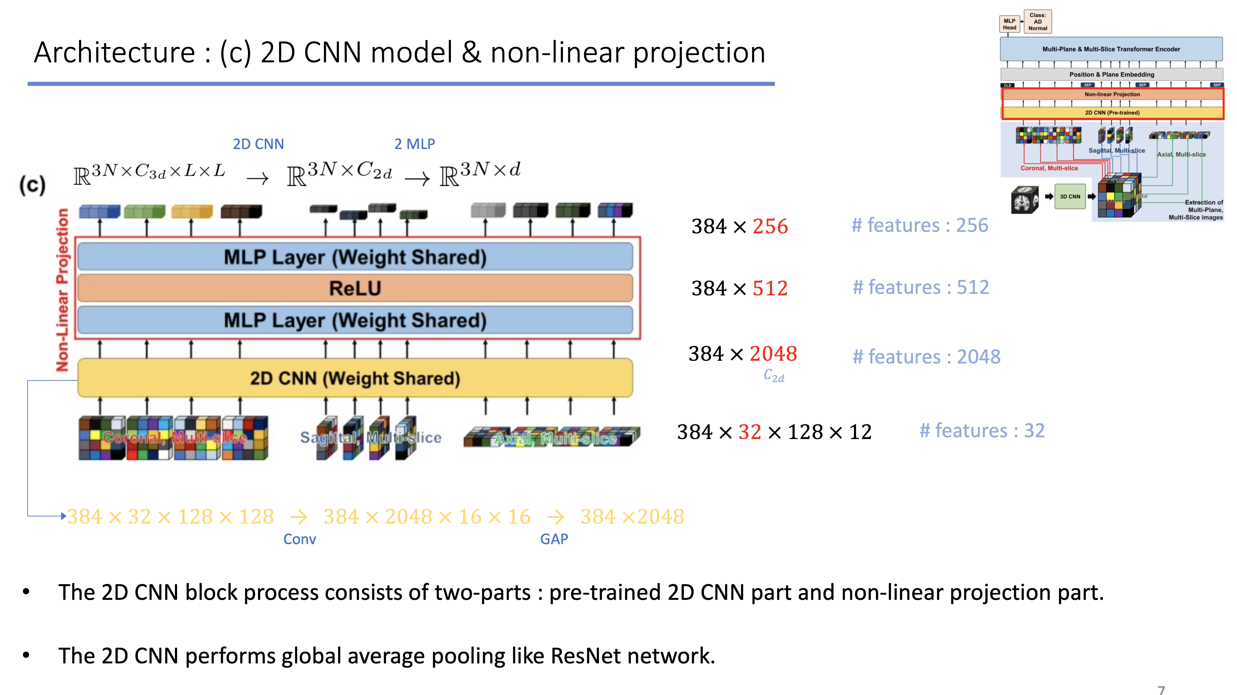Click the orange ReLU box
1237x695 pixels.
click(355, 288)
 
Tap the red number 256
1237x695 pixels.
click(770, 226)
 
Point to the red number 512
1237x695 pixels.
click(770, 288)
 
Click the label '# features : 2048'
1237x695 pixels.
click(926, 357)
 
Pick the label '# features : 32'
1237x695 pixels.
click(982, 431)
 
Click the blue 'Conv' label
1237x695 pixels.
click(300, 539)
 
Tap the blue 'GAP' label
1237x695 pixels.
click(554, 539)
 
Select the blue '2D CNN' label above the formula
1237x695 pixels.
click(258, 144)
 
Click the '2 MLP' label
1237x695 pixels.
click(414, 144)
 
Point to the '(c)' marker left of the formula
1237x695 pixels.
click(33, 185)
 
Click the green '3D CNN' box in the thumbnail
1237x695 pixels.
click(1070, 196)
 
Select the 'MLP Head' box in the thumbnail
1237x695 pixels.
click(1009, 24)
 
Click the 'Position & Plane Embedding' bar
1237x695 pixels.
click(1111, 74)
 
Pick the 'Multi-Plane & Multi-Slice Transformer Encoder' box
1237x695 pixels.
click(1111, 49)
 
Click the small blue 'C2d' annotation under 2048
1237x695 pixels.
click(774, 376)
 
